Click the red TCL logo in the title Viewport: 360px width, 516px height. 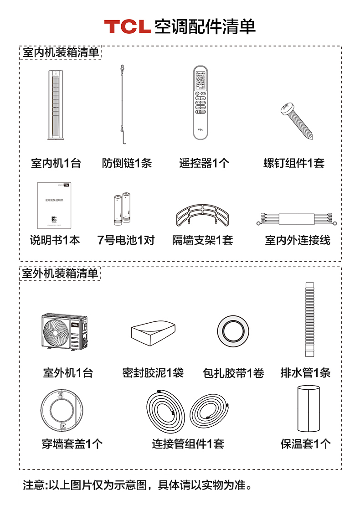pyautogui.click(x=127, y=26)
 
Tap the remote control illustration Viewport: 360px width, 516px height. pyautogui.click(x=201, y=103)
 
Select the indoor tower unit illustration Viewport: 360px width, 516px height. pyautogui.click(x=55, y=105)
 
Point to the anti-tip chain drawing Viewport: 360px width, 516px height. pyautogui.click(x=123, y=105)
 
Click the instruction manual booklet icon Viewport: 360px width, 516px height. pyautogui.click(x=54, y=205)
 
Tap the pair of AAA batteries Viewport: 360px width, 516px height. pyautogui.click(x=122, y=209)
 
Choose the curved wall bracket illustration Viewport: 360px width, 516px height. pyautogui.click(x=203, y=215)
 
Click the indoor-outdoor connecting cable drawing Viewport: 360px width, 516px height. pyautogui.click(x=297, y=219)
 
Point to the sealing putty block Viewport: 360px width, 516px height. pyautogui.click(x=153, y=333)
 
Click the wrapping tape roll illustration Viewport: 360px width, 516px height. pyautogui.click(x=233, y=331)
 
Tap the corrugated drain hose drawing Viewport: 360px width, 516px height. pyautogui.click(x=309, y=319)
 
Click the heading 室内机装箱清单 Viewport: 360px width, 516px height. pyautogui.click(x=61, y=52)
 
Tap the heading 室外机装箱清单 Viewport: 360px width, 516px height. pyautogui.click(x=60, y=273)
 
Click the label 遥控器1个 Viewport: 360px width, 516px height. pyautogui.click(x=204, y=163)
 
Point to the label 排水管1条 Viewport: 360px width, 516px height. pyautogui.click(x=305, y=373)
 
